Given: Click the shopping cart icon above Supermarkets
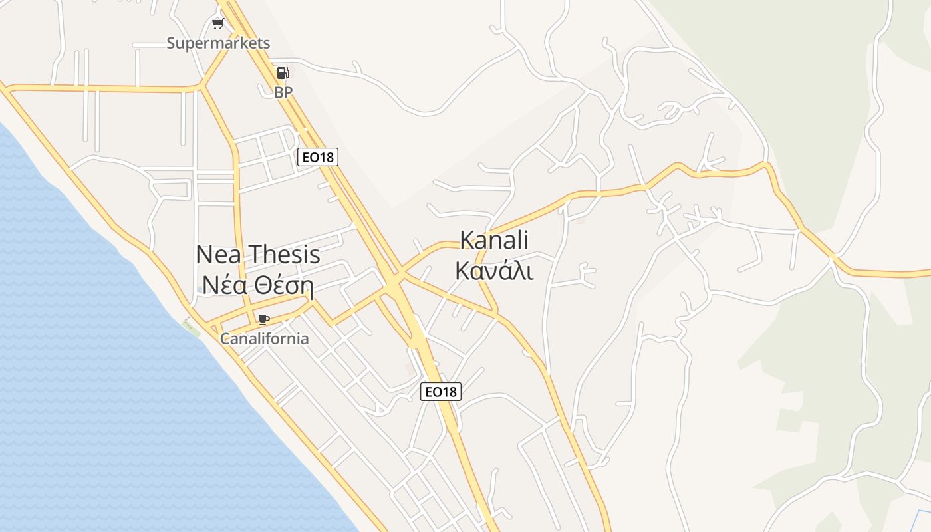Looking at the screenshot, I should [x=217, y=25].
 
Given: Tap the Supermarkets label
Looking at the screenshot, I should [x=218, y=43].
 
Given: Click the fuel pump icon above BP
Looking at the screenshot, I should [x=283, y=73].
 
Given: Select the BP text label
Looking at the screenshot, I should [x=283, y=92].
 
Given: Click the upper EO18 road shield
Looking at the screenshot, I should [x=318, y=157].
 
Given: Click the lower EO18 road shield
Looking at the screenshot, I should [x=440, y=392].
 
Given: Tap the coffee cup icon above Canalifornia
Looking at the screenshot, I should [x=264, y=319].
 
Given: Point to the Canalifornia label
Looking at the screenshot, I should [x=265, y=338].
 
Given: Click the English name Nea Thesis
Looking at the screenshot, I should [x=258, y=254].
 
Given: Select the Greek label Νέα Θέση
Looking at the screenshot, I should [x=258, y=285].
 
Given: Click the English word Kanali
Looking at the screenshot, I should [x=494, y=240].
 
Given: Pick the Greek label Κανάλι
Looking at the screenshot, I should [x=494, y=270].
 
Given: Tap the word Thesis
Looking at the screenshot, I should [x=284, y=254].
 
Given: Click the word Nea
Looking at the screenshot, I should [x=218, y=254].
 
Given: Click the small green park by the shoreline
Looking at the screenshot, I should [x=192, y=327].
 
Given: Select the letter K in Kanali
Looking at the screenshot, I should [x=466, y=240].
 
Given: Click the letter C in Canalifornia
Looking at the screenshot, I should [x=225, y=338].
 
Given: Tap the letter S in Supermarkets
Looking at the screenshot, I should [x=172, y=43].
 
